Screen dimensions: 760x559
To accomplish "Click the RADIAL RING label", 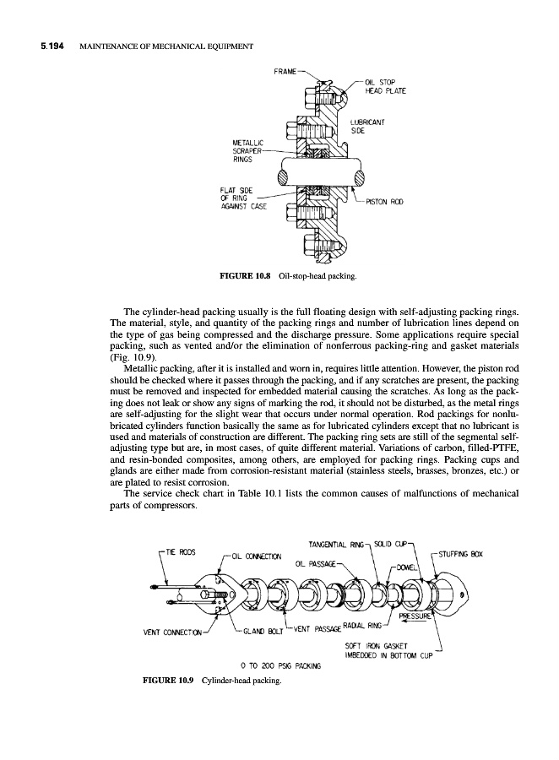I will pos(361,627).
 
